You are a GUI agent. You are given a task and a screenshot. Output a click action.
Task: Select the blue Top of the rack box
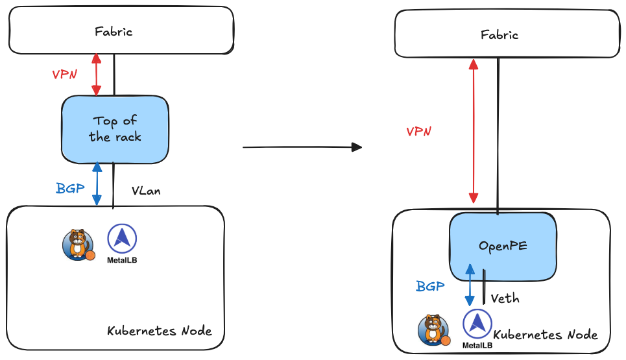point(115,128)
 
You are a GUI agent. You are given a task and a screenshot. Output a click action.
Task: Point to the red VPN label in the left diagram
point(65,74)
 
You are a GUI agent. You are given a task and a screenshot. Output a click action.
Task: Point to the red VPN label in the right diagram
point(418,132)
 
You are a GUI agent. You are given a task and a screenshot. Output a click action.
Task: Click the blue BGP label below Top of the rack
point(69,189)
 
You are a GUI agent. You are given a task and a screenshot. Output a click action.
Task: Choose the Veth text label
point(505,298)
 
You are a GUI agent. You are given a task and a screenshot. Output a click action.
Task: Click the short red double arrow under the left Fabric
point(97,75)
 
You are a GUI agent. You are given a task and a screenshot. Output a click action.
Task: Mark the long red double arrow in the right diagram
point(474,130)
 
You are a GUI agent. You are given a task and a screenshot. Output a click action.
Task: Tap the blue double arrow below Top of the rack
point(97,184)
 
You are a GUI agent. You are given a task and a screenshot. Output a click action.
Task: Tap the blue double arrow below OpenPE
point(469,285)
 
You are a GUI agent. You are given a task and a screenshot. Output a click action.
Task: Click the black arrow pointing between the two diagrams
point(301,147)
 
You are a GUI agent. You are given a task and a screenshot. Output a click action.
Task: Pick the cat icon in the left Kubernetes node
point(77,244)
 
